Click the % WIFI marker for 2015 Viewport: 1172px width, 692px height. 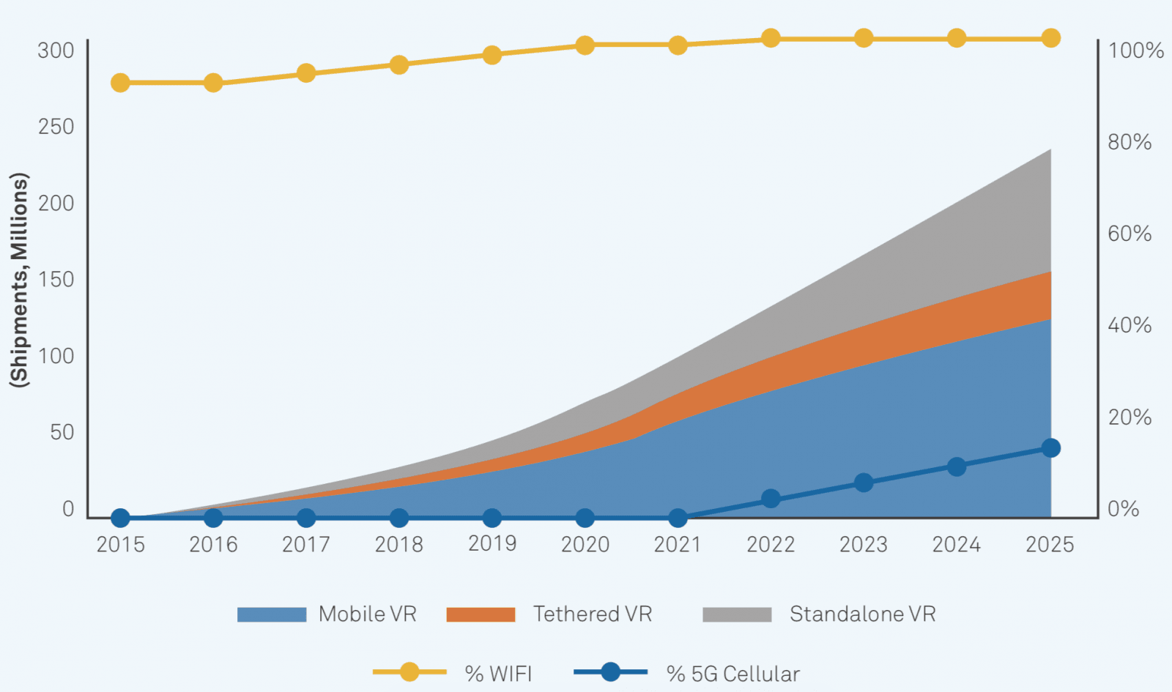pyautogui.click(x=120, y=83)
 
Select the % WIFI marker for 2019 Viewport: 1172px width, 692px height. pyautogui.click(x=492, y=56)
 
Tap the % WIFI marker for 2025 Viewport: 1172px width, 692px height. pyautogui.click(x=1050, y=38)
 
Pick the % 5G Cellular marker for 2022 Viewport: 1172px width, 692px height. pyautogui.click(x=771, y=499)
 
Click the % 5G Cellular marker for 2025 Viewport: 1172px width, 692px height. pyautogui.click(x=1050, y=448)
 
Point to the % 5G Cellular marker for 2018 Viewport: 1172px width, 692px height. pyautogui.click(x=399, y=518)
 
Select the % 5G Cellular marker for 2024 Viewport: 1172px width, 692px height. pyautogui.click(x=957, y=466)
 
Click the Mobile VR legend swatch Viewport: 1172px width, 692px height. pyautogui.click(x=272, y=614)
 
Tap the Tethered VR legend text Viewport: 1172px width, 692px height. pyautogui.click(x=592, y=614)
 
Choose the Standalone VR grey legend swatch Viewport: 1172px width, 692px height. pyautogui.click(x=737, y=614)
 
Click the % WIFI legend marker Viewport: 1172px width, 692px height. pyautogui.click(x=409, y=671)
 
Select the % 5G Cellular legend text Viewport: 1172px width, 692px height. pyautogui.click(x=732, y=674)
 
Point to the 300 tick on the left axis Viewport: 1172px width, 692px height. pyautogui.click(x=56, y=51)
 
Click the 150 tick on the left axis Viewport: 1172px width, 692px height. pyautogui.click(x=56, y=280)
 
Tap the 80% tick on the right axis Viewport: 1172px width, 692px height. pyautogui.click(x=1130, y=142)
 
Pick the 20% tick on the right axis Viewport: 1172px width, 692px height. pyautogui.click(x=1130, y=417)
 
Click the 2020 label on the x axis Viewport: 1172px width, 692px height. pyautogui.click(x=585, y=544)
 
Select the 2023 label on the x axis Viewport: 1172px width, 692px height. pyautogui.click(x=864, y=544)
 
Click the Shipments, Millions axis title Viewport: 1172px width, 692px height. pyautogui.click(x=19, y=280)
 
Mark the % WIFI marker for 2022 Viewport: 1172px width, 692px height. pyautogui.click(x=771, y=38)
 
